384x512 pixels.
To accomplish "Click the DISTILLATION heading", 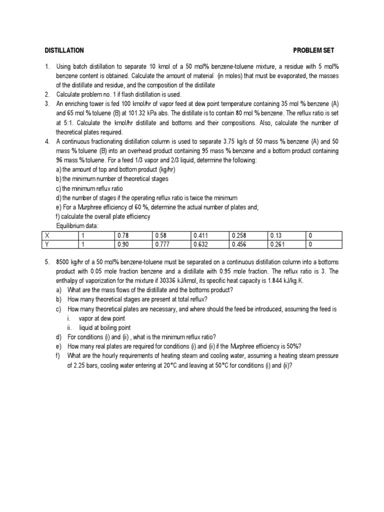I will (64, 50).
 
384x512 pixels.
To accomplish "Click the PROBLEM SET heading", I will (313, 50).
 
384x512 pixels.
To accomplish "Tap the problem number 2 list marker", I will (46, 94).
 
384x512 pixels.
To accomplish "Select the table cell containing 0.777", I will (162, 244).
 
